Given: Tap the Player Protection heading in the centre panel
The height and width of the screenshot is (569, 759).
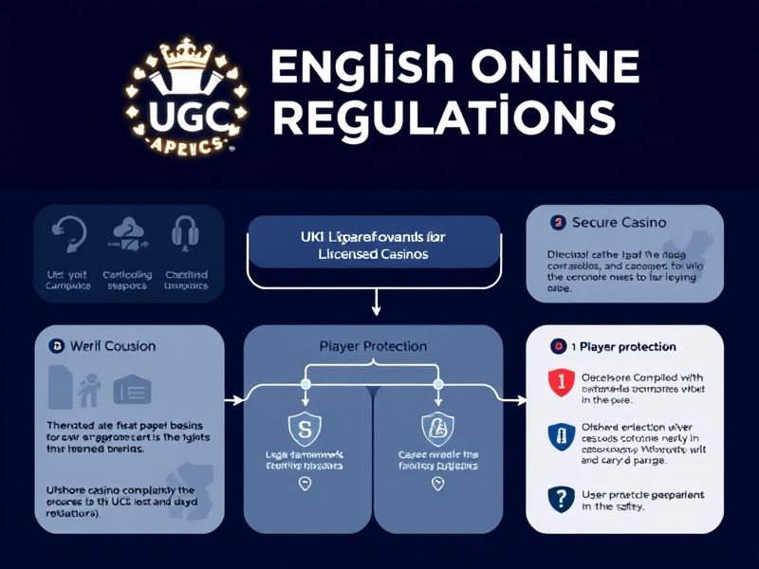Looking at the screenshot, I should pos(373,346).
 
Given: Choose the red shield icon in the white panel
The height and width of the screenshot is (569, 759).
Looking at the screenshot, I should pos(561,382).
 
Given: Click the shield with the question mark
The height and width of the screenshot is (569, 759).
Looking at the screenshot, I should pos(561,497).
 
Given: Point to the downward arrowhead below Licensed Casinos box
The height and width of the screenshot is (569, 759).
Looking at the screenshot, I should pos(377,309).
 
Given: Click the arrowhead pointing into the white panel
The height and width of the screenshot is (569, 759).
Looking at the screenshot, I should pos(520,399).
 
